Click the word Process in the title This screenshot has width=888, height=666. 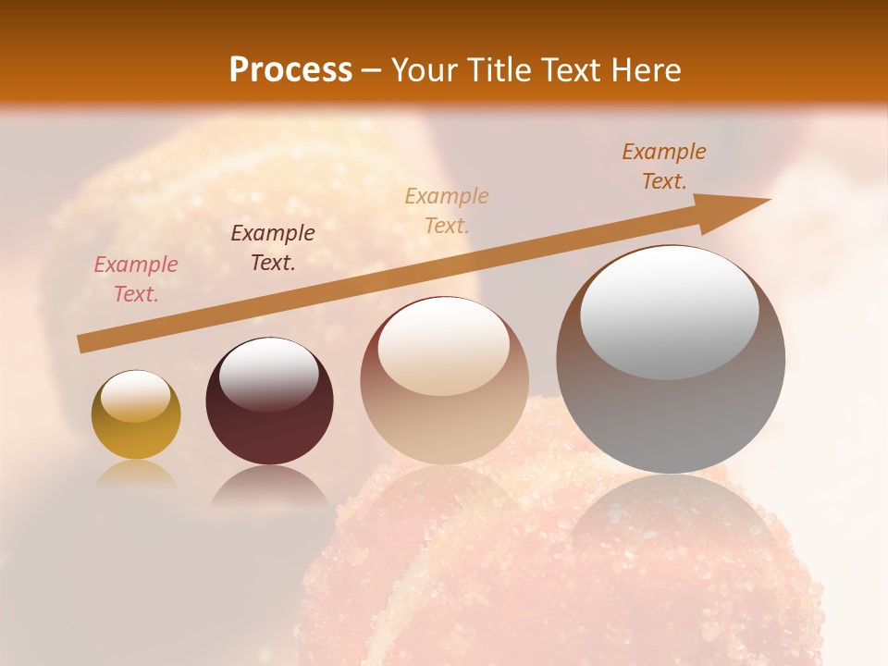pyautogui.click(x=290, y=70)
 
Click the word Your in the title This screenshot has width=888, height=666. pyautogui.click(x=426, y=70)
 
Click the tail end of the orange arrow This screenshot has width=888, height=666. pyautogui.click(x=83, y=343)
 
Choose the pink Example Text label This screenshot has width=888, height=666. pyautogui.click(x=136, y=279)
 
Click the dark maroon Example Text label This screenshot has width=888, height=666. pyautogui.click(x=273, y=248)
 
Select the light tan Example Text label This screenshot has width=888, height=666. pyautogui.click(x=447, y=210)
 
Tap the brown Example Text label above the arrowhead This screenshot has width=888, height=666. pyautogui.click(x=664, y=166)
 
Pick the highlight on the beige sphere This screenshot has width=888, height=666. pyautogui.click(x=444, y=348)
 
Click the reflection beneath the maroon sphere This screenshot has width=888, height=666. pyautogui.click(x=269, y=486)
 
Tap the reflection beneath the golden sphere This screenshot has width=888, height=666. pyautogui.click(x=136, y=474)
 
